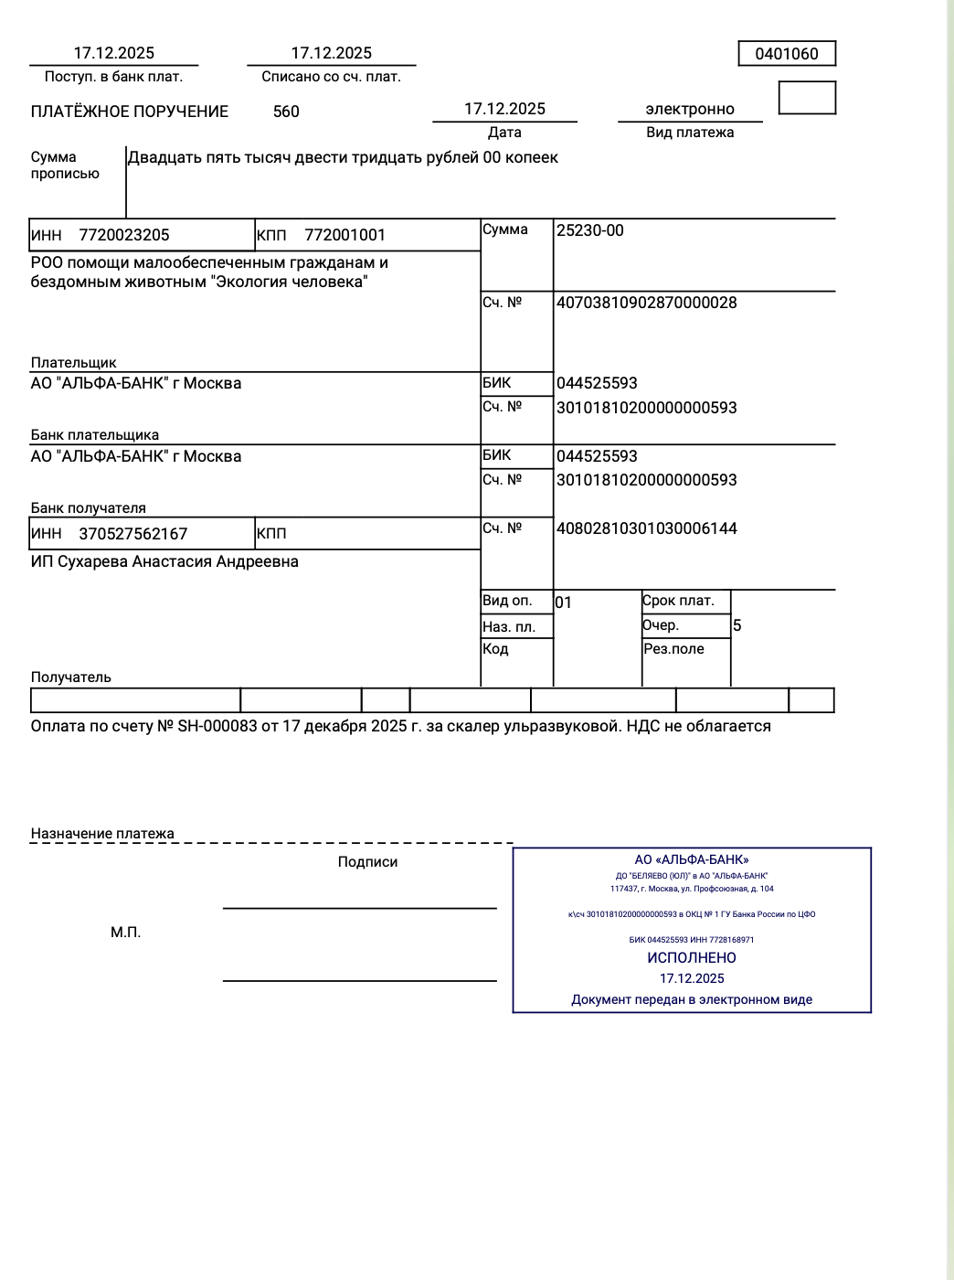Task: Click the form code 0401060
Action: pos(787,54)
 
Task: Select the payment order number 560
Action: pos(286,112)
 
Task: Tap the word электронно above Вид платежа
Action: pos(690,110)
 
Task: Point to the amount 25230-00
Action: pos(590,230)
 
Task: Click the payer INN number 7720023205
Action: pos(124,235)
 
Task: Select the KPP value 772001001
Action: pos(344,235)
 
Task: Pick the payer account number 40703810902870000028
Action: pos(647,303)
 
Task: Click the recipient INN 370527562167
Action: pos(133,534)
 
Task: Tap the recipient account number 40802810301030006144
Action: pos(647,528)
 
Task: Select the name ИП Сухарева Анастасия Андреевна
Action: pos(164,561)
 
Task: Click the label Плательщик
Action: pos(74,363)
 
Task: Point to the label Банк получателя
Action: pos(89,508)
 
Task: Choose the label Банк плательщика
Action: pos(95,435)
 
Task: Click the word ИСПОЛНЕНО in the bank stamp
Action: pos(692,958)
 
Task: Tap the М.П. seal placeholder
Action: pos(126,933)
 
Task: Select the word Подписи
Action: pos(367,862)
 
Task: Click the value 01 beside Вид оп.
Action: pos(564,603)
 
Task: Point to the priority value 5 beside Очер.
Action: pos(737,626)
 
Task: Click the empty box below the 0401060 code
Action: pos(807,98)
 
